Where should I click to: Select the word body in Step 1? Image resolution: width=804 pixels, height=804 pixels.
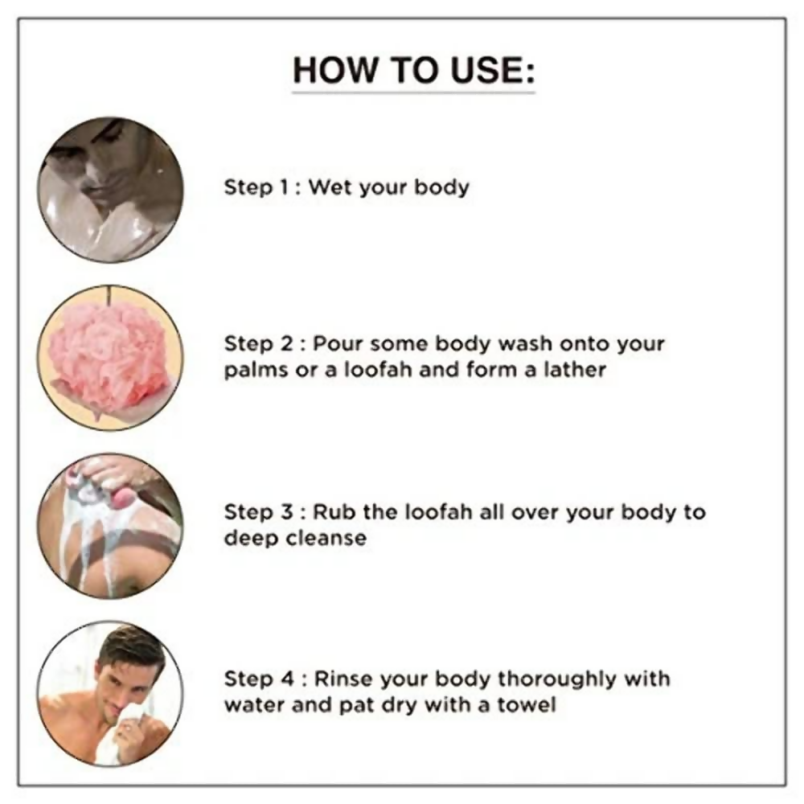441,187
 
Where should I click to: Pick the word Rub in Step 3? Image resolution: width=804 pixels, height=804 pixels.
334,511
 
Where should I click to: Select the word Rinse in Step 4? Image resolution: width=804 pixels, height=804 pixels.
343,679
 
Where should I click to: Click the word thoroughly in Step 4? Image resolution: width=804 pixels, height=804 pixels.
556,680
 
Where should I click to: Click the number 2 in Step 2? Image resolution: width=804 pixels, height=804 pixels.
286,344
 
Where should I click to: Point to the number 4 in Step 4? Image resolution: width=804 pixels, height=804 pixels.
287,679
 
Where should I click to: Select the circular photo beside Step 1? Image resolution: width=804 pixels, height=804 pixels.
109,189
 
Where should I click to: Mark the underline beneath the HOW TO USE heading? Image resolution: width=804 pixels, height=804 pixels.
413,92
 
